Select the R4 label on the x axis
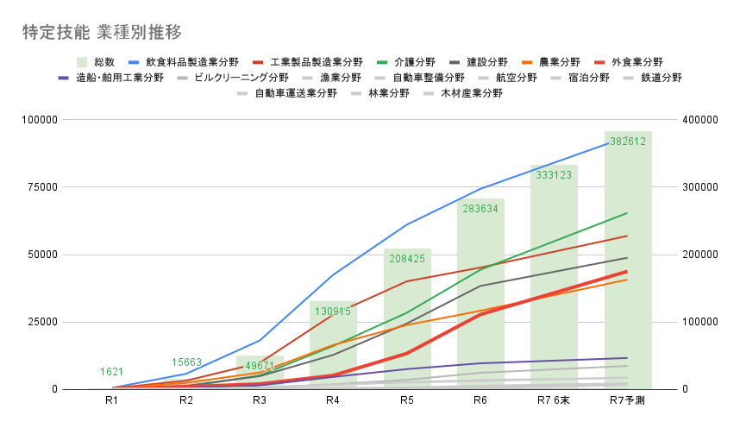coord(333,401)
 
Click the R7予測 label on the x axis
coord(628,401)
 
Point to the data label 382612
coord(628,142)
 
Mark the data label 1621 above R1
coord(112,372)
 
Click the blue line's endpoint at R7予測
coord(628,141)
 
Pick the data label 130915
coord(333,311)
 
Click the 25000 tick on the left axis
coord(41,322)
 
